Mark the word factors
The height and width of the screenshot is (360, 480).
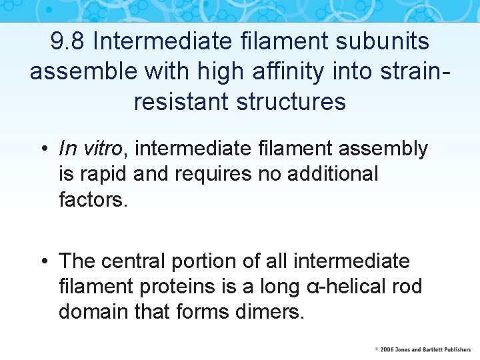click(93, 199)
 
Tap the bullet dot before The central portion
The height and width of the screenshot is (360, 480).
click(43, 261)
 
